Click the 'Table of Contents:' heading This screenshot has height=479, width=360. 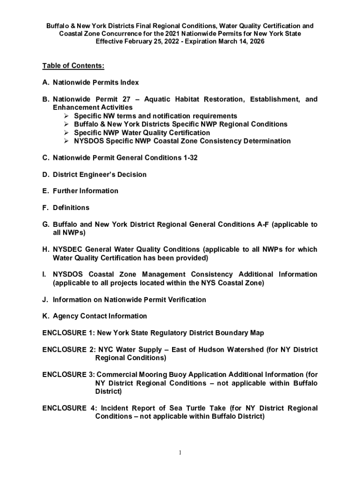tap(73, 66)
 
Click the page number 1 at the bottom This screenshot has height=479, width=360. tap(180, 453)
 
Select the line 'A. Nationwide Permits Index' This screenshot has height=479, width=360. tap(91, 83)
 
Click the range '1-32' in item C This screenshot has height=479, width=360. tap(190, 158)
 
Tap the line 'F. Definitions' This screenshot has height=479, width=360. tap(66, 208)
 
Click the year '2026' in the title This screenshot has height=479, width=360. tap(255, 42)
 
